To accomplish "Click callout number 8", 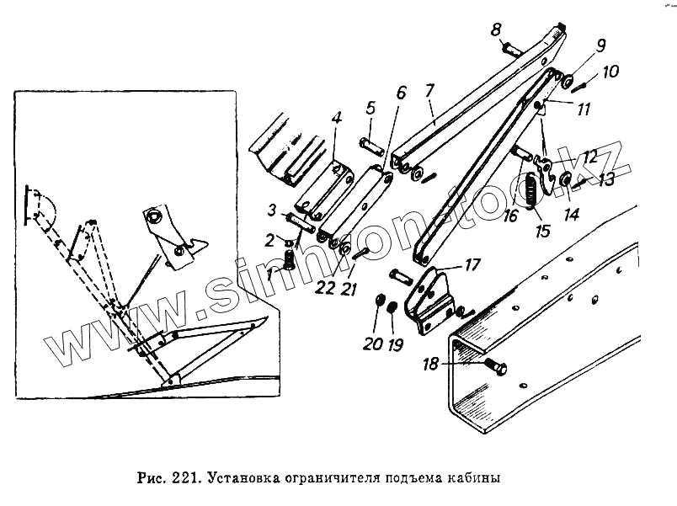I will tap(496, 30).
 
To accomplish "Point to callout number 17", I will tap(472, 264).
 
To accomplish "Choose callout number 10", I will tap(610, 72).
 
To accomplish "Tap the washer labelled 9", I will tap(568, 83).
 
